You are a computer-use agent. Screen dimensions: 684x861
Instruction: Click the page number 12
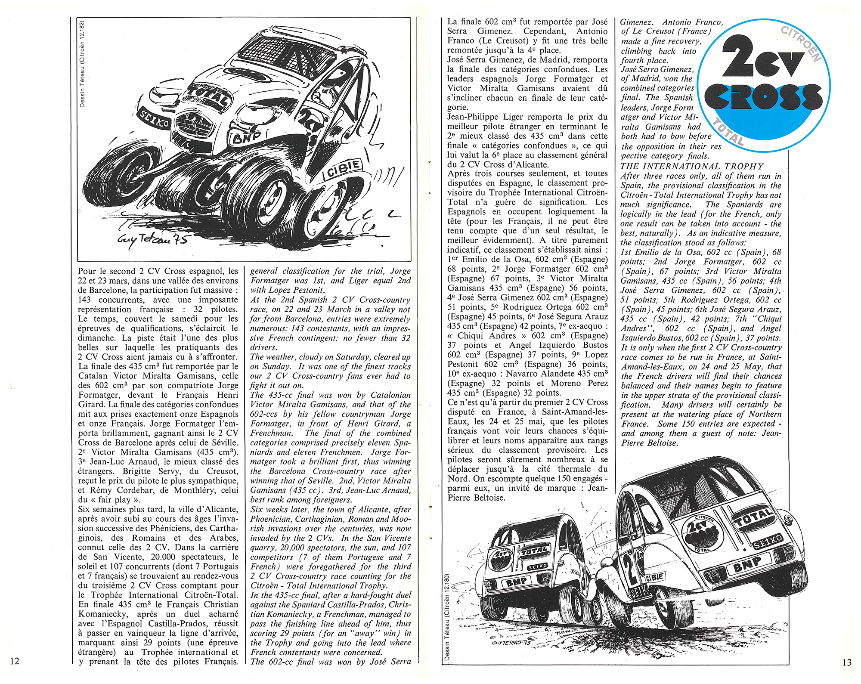click(x=15, y=661)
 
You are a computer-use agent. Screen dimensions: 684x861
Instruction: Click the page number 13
click(x=846, y=662)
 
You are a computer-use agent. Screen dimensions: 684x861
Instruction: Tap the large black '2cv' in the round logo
click(x=762, y=61)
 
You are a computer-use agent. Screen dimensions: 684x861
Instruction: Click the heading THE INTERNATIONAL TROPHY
click(x=692, y=166)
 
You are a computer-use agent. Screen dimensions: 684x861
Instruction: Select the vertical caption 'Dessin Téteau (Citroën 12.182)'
click(x=82, y=64)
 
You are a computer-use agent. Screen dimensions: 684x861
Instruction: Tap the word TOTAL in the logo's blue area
click(x=728, y=132)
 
